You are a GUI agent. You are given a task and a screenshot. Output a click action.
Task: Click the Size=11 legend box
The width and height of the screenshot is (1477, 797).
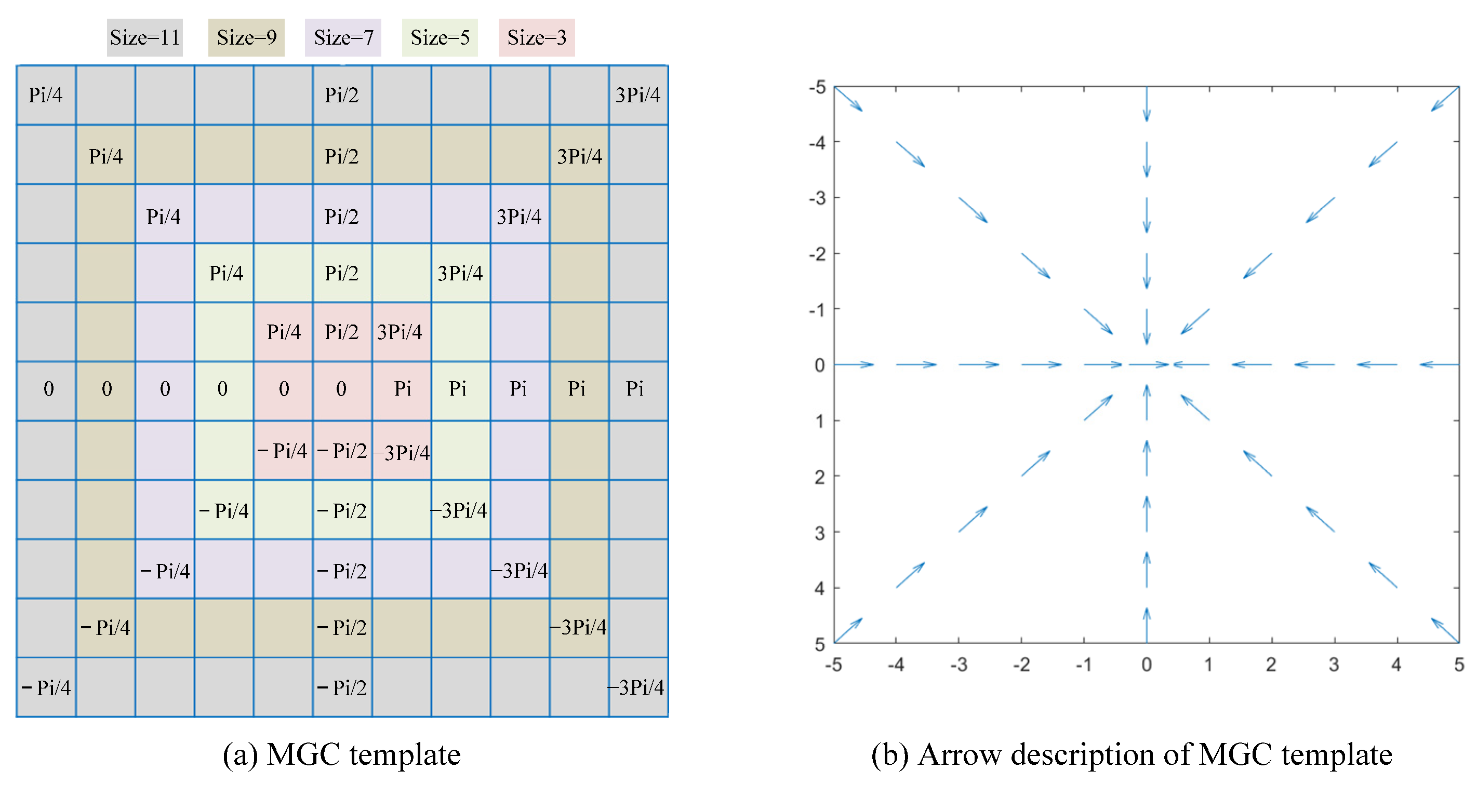pyautogui.click(x=144, y=38)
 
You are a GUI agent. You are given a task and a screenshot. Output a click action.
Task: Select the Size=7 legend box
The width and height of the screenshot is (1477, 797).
pyautogui.click(x=343, y=38)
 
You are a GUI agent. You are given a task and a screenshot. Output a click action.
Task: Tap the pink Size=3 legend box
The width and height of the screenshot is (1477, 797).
pyautogui.click(x=537, y=38)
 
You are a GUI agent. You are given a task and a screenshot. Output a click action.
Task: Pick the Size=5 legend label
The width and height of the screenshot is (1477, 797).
pyautogui.click(x=440, y=38)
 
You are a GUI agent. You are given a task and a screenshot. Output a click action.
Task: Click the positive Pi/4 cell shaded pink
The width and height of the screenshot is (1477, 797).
pyautogui.click(x=283, y=332)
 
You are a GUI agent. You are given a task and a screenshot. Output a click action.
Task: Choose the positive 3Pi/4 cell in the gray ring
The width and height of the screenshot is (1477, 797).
pyautogui.click(x=637, y=95)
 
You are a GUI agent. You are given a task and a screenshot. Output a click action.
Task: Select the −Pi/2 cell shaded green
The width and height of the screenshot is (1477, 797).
pyautogui.click(x=342, y=510)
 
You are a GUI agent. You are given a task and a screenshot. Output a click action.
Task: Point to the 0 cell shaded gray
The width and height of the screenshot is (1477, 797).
pyautogui.click(x=48, y=389)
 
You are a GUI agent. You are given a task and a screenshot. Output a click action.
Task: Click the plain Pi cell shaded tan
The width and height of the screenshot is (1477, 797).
pyautogui.click(x=577, y=389)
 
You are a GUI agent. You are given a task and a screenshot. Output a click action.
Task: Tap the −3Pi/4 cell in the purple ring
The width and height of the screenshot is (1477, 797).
pyautogui.click(x=520, y=570)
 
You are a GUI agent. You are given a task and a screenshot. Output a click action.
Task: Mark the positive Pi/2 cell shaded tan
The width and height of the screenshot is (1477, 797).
pyautogui.click(x=342, y=156)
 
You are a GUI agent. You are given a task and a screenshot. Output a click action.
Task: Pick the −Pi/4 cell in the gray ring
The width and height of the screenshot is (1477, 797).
pyautogui.click(x=46, y=687)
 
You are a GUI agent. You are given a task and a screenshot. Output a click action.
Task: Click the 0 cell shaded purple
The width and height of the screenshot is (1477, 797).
pyautogui.click(x=165, y=389)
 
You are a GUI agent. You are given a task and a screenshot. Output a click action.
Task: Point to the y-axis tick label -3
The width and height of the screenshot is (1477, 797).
pyautogui.click(x=817, y=198)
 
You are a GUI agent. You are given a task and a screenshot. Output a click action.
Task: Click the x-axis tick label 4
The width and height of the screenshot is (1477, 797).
pyautogui.click(x=1396, y=665)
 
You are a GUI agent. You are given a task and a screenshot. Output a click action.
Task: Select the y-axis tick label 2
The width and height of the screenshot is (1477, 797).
pyautogui.click(x=819, y=477)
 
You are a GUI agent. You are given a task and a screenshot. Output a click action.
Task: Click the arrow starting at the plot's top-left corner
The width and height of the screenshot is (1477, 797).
pyautogui.click(x=848, y=99)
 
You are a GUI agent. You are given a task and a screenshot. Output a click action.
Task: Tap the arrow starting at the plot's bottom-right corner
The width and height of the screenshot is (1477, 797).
pyautogui.click(x=1445, y=630)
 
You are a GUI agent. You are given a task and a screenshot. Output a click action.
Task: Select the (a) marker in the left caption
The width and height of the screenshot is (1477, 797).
pyautogui.click(x=239, y=754)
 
